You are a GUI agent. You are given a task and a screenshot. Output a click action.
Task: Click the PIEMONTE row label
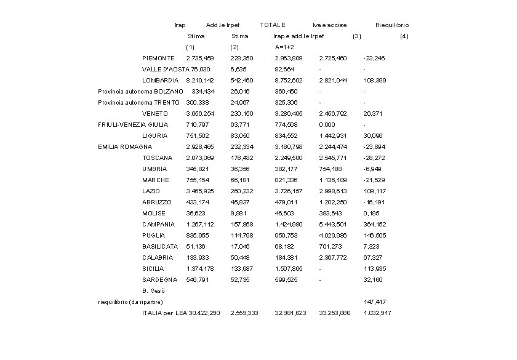click(x=158, y=58)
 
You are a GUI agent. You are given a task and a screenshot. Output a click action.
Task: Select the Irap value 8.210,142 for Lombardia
click(x=200, y=80)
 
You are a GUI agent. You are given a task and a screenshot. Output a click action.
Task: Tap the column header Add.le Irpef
click(x=223, y=25)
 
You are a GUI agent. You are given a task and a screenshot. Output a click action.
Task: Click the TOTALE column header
click(x=273, y=25)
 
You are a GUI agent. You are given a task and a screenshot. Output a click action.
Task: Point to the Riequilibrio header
click(x=392, y=25)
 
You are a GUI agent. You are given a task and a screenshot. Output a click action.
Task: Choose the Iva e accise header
click(x=329, y=25)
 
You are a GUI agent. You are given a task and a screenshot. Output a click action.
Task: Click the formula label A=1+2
click(x=284, y=47)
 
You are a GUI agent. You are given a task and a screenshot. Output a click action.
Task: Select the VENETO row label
click(x=155, y=113)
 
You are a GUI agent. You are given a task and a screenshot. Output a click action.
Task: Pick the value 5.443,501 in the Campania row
click(x=333, y=224)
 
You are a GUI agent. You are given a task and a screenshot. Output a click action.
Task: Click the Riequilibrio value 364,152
click(x=375, y=224)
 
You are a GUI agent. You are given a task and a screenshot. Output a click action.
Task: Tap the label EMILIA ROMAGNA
click(x=125, y=146)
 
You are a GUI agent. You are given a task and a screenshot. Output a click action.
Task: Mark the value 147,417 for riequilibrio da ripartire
click(x=375, y=302)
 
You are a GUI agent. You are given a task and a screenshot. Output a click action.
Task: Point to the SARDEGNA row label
click(x=159, y=279)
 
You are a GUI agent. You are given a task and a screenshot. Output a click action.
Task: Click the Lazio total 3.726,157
click(x=289, y=191)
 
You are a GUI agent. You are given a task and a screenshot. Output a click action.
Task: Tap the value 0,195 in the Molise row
click(x=371, y=213)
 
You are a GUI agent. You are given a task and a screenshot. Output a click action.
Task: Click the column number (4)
click(x=404, y=36)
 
